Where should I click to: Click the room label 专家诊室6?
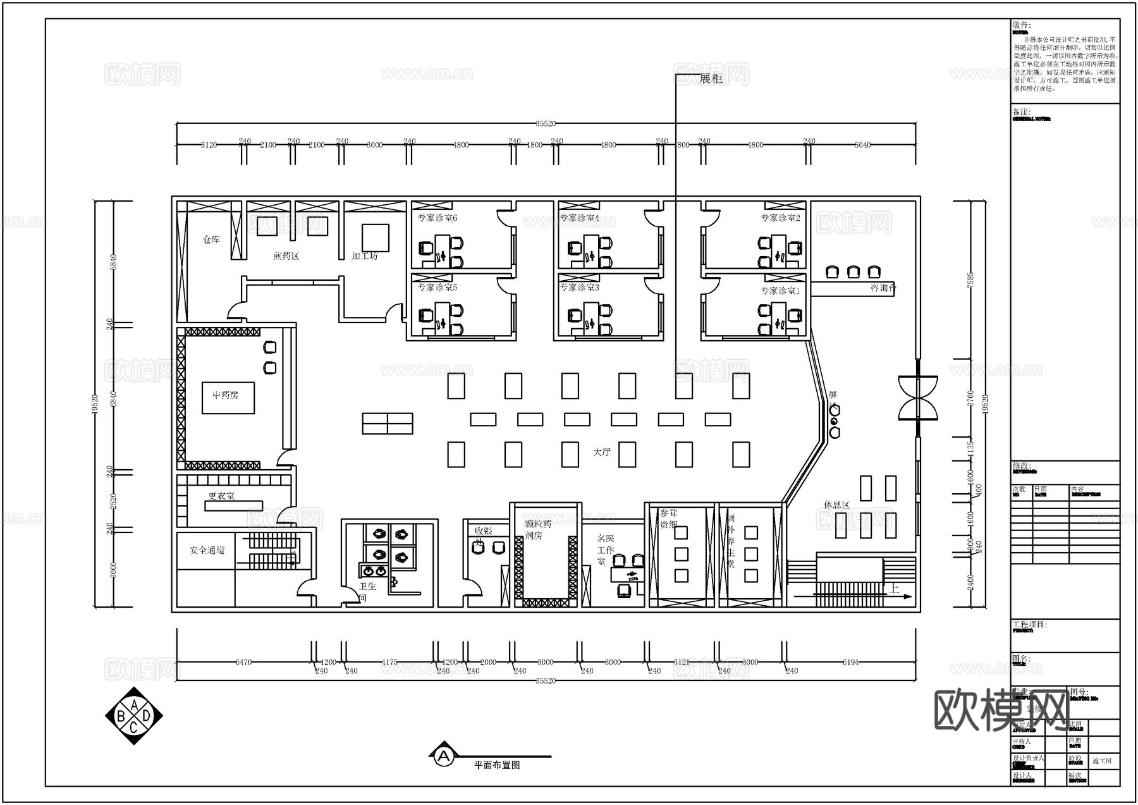pyautogui.click(x=437, y=218)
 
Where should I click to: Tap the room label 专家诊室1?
pyautogui.click(x=780, y=291)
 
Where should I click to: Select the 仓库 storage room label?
pyautogui.click(x=211, y=240)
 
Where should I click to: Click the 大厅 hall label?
pyautogui.click(x=602, y=452)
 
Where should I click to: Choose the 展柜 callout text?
pyautogui.click(x=711, y=78)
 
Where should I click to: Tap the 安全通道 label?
pyautogui.click(x=207, y=550)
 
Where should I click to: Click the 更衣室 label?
pyautogui.click(x=221, y=496)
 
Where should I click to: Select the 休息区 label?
pyautogui.click(x=836, y=505)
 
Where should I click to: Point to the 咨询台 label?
pyautogui.click(x=883, y=288)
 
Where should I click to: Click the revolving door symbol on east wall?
pyautogui.click(x=917, y=398)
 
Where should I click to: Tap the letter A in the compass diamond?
pyautogui.click(x=134, y=704)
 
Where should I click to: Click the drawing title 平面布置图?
pyautogui.click(x=497, y=765)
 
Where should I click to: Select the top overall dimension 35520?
pyautogui.click(x=545, y=124)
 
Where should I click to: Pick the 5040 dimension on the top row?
pyautogui.click(x=862, y=145)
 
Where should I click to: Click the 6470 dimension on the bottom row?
pyautogui.click(x=243, y=662)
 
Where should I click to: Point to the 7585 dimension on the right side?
pyautogui.click(x=970, y=280)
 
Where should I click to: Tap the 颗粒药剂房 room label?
pyautogui.click(x=537, y=529)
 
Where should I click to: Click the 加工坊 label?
pyautogui.click(x=364, y=256)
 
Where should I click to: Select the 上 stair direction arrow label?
pyautogui.click(x=894, y=588)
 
